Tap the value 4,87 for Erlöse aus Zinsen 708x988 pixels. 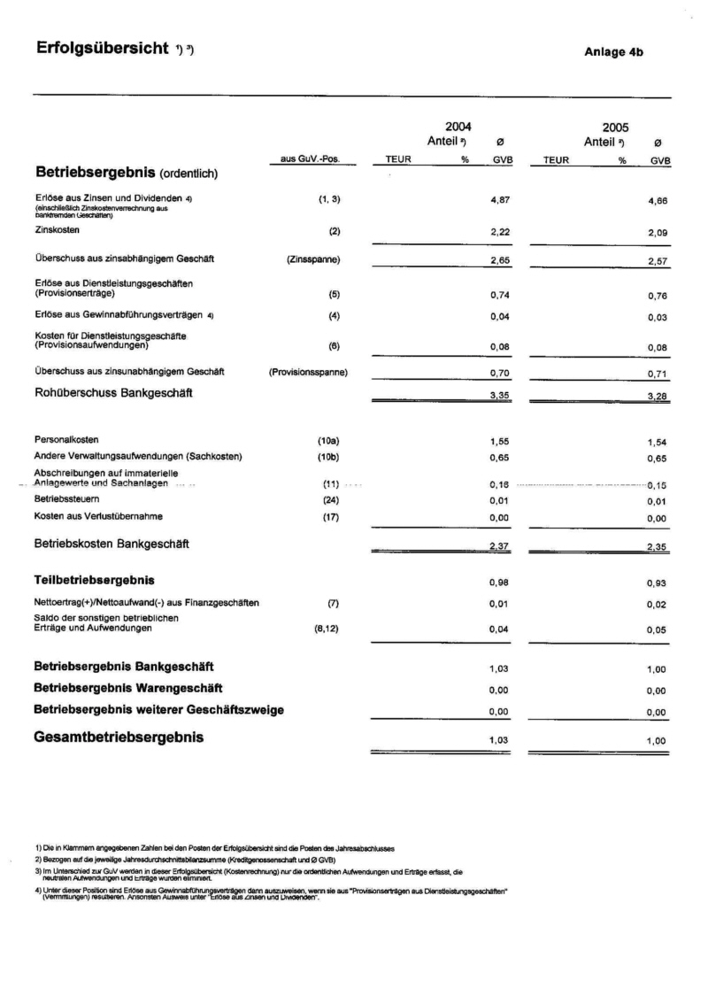(502, 201)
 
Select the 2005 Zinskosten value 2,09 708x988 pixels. (657, 231)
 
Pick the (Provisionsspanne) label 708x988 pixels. (308, 372)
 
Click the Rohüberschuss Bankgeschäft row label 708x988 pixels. (113, 392)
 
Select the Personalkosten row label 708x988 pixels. (66, 440)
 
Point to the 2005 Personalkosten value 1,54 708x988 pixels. (657, 440)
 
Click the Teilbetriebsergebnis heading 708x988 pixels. (94, 581)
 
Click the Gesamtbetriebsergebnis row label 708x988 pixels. (119, 737)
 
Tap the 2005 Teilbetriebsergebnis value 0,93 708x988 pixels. (657, 583)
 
